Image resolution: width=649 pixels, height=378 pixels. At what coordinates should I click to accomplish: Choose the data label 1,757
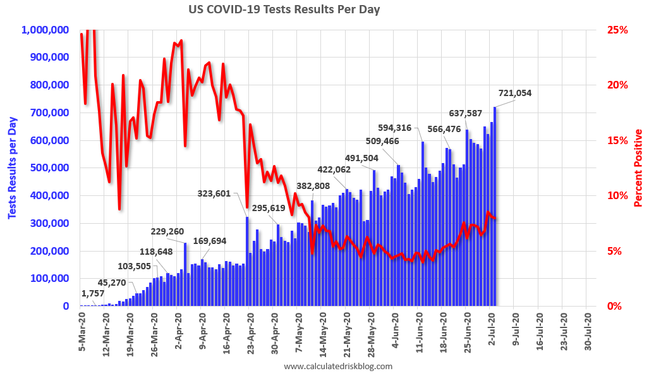(x=94, y=293)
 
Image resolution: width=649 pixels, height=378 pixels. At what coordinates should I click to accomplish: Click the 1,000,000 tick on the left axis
(x=45, y=30)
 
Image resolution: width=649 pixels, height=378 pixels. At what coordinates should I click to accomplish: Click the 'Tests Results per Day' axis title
(x=12, y=168)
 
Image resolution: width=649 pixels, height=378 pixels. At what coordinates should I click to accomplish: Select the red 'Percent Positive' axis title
(x=638, y=168)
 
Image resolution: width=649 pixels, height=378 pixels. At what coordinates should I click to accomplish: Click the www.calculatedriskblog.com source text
(x=338, y=366)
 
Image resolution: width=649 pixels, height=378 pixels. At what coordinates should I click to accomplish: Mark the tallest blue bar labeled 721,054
(x=495, y=207)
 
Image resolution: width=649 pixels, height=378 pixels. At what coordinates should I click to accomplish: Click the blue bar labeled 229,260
(x=185, y=274)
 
